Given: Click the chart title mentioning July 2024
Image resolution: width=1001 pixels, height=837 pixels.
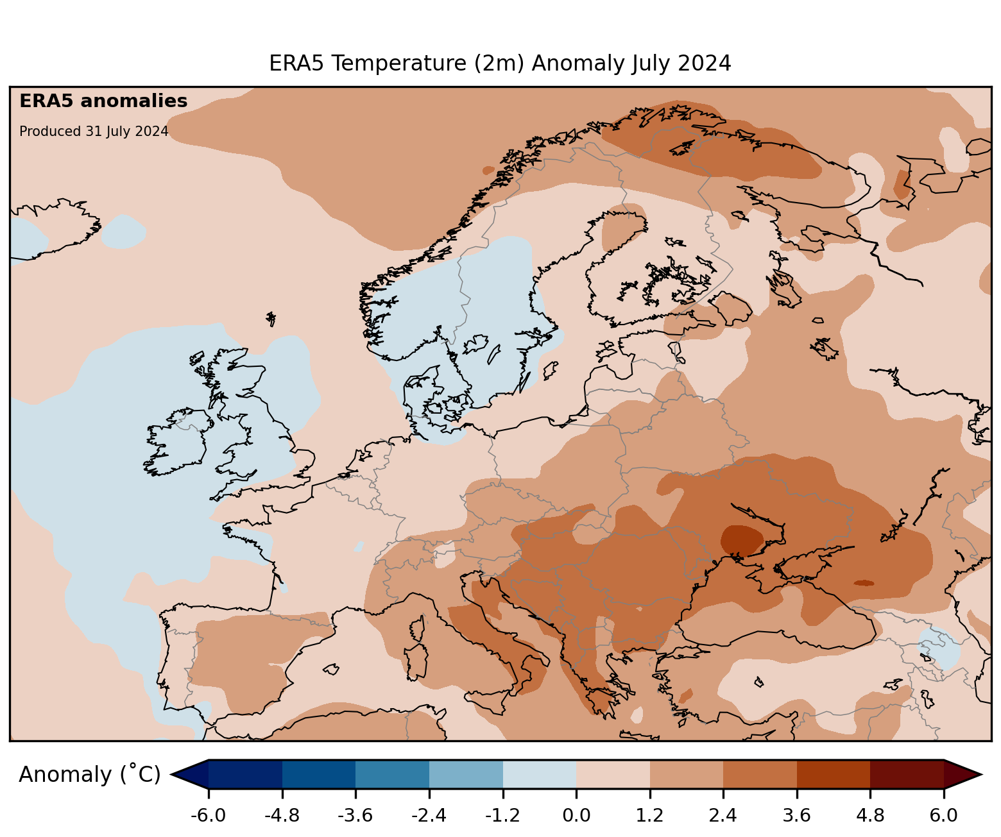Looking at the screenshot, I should pyautogui.click(x=500, y=63).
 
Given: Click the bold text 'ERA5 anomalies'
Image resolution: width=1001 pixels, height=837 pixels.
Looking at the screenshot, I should pyautogui.click(x=103, y=101).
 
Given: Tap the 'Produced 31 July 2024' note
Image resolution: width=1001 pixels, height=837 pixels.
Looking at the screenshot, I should pyautogui.click(x=94, y=131).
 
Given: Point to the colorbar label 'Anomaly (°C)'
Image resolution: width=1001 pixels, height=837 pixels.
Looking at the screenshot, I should pyautogui.click(x=89, y=775).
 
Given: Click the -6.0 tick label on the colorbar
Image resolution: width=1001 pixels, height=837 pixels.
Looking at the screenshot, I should pyautogui.click(x=208, y=816).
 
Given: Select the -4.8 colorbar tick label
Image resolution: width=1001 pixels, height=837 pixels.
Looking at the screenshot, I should pyautogui.click(x=282, y=816).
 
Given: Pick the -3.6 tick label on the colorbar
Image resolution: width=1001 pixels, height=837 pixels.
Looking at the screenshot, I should pyautogui.click(x=355, y=816).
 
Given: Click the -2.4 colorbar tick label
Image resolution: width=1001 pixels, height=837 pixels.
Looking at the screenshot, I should pyautogui.click(x=429, y=816).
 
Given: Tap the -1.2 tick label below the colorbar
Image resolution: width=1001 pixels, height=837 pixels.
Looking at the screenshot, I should pyautogui.click(x=502, y=816).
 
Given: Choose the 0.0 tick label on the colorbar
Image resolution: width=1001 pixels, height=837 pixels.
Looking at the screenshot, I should pyautogui.click(x=576, y=816).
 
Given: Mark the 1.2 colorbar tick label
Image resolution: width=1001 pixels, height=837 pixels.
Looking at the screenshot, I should pyautogui.click(x=649, y=816).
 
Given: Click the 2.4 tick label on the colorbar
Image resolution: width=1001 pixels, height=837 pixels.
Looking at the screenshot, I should pyautogui.click(x=723, y=816).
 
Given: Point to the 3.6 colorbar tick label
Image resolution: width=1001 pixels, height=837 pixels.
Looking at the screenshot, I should pyautogui.click(x=796, y=816).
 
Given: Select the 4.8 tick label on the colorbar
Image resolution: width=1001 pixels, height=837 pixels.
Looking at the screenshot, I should pyautogui.click(x=870, y=816).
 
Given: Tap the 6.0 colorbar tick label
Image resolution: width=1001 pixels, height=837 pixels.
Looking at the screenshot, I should pyautogui.click(x=943, y=816).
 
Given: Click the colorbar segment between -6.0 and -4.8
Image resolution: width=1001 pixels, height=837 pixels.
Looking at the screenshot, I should pyautogui.click(x=245, y=774).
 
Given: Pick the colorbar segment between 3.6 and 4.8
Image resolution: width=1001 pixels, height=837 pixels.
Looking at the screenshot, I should pyautogui.click(x=833, y=774).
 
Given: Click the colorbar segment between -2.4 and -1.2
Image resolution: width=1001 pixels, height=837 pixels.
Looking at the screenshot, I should pyautogui.click(x=466, y=774).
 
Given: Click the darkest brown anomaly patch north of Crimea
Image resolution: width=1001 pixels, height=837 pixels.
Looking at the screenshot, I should pyautogui.click(x=742, y=539).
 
